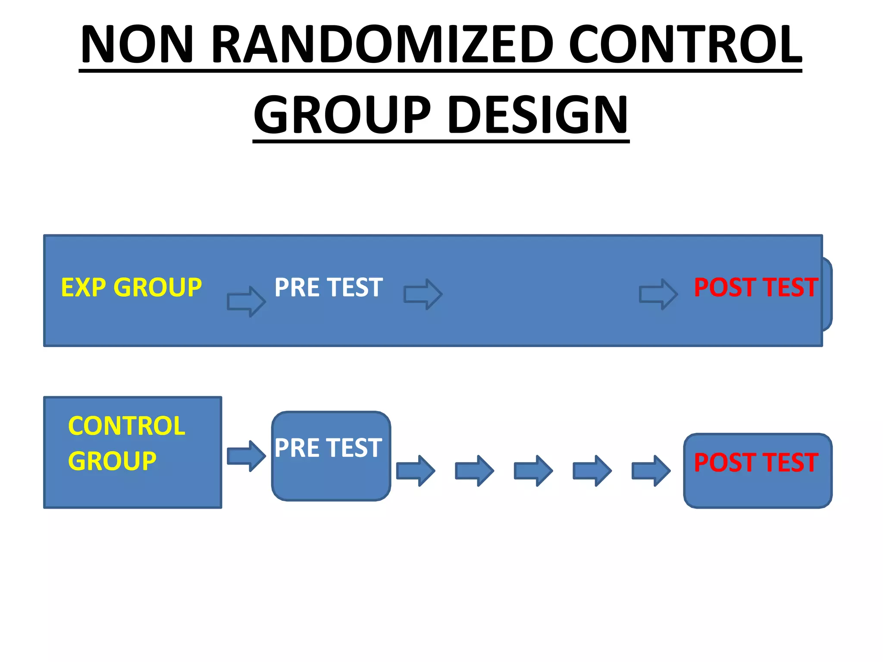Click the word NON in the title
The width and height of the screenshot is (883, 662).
[137, 44]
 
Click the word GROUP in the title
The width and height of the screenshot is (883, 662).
[342, 115]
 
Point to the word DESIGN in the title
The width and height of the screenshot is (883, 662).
[538, 115]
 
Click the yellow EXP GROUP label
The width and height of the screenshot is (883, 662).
[131, 287]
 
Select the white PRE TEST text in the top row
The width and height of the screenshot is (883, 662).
[329, 287]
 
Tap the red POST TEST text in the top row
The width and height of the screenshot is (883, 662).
[756, 287]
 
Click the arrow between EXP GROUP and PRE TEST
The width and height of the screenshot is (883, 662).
[246, 301]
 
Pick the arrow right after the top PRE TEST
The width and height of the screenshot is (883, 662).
[423, 294]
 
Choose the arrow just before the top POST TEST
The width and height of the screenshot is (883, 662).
[658, 294]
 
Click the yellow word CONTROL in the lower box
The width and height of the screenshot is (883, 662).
[126, 426]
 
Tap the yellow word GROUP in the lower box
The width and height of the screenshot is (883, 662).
[112, 461]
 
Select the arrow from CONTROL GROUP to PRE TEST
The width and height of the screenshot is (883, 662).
[246, 456]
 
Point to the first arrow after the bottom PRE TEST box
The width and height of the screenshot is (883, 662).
[415, 471]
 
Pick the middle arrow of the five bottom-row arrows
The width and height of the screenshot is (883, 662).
[533, 471]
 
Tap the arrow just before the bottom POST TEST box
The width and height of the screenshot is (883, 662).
[651, 471]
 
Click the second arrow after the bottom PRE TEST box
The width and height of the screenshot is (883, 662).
[474, 471]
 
